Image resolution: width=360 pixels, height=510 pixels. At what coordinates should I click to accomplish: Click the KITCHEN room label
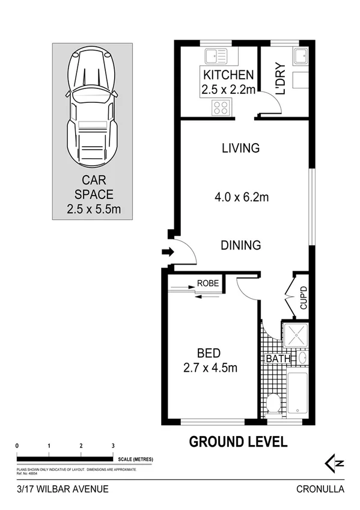(228, 75)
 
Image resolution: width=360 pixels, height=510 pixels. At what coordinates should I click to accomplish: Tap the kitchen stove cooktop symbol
(220, 108)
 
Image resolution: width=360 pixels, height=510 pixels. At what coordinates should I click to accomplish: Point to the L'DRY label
(279, 79)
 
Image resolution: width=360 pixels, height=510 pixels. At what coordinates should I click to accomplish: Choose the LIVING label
(240, 148)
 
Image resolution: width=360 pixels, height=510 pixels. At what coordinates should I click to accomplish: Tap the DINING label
(240, 245)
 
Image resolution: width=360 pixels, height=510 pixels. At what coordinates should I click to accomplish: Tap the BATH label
(279, 359)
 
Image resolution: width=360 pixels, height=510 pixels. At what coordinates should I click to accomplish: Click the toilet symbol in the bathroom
(273, 404)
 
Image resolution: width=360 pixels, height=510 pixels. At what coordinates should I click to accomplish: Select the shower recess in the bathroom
(295, 335)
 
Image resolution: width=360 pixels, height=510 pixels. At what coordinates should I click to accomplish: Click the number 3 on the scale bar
(113, 445)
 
